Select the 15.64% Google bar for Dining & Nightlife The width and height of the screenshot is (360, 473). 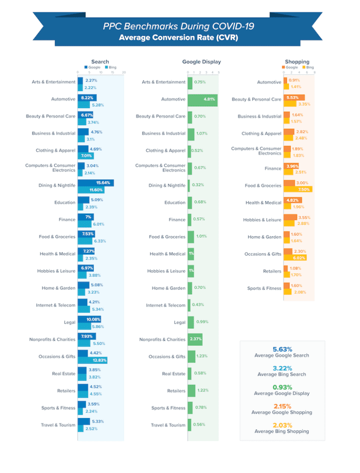coord(96,183)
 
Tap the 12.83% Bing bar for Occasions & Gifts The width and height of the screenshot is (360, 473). coord(92,360)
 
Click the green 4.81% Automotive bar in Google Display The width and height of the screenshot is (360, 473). coord(203,99)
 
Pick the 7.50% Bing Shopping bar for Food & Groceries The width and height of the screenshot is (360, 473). coord(298,189)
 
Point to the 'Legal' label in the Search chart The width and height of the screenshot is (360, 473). coord(70,322)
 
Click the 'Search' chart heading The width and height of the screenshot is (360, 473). coord(100,61)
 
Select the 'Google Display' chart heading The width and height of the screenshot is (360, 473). coord(201,61)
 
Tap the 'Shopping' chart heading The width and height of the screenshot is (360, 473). coord(297,61)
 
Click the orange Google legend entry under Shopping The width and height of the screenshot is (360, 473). coord(289,67)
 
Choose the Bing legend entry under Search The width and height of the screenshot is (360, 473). coord(110,67)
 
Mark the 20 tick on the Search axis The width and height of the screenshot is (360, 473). coord(124,73)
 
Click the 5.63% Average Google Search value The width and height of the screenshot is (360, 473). coord(282,349)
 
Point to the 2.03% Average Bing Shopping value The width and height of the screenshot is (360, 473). coord(282,425)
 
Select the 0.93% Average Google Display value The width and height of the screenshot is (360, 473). coord(282,387)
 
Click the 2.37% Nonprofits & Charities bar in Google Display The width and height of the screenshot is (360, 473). coord(195,340)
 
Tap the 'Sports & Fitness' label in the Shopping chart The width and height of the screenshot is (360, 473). coord(264,288)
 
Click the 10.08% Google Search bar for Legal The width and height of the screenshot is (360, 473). coord(89,319)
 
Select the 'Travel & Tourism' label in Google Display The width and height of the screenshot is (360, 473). coord(168,425)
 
